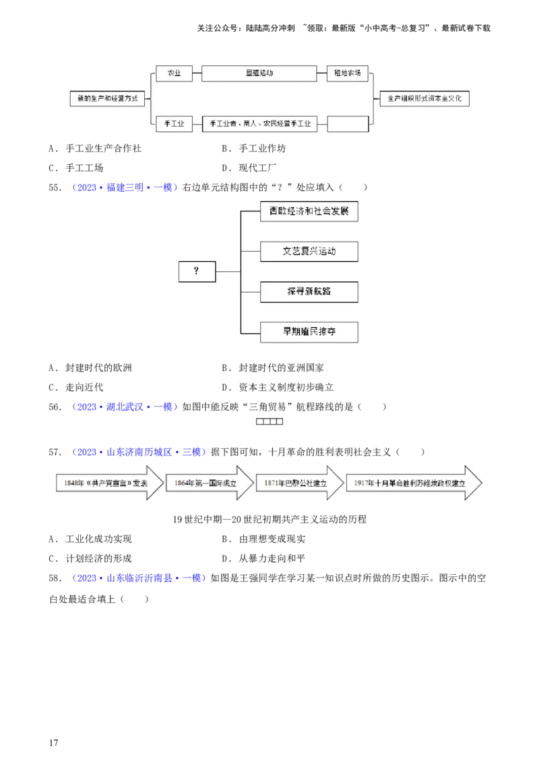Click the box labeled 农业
(174, 73)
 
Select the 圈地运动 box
(259, 73)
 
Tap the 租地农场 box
(348, 73)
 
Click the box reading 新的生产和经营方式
(108, 98)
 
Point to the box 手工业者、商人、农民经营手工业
(259, 124)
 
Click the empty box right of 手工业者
(348, 124)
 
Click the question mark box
(197, 271)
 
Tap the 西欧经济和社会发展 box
(309, 211)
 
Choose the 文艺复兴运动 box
(309, 252)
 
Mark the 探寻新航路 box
(309, 291)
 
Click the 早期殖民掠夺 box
(309, 332)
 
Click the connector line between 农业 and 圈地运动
(197, 73)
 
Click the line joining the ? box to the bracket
(228, 271)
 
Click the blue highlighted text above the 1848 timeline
(138, 451)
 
